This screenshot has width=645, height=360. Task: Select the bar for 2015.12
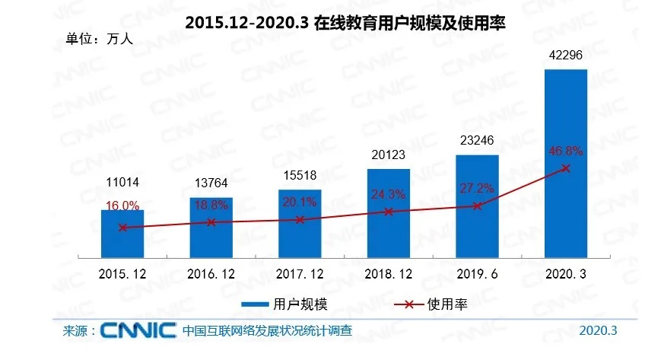tap(122, 233)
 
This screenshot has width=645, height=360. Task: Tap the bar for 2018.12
tap(389, 213)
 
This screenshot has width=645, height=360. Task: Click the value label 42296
tap(566, 56)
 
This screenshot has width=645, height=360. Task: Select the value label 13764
tap(211, 183)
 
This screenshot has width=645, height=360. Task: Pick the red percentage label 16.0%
tap(122, 205)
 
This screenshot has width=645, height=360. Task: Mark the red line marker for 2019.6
tap(478, 205)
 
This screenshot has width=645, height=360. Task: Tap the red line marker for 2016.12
tap(211, 222)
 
